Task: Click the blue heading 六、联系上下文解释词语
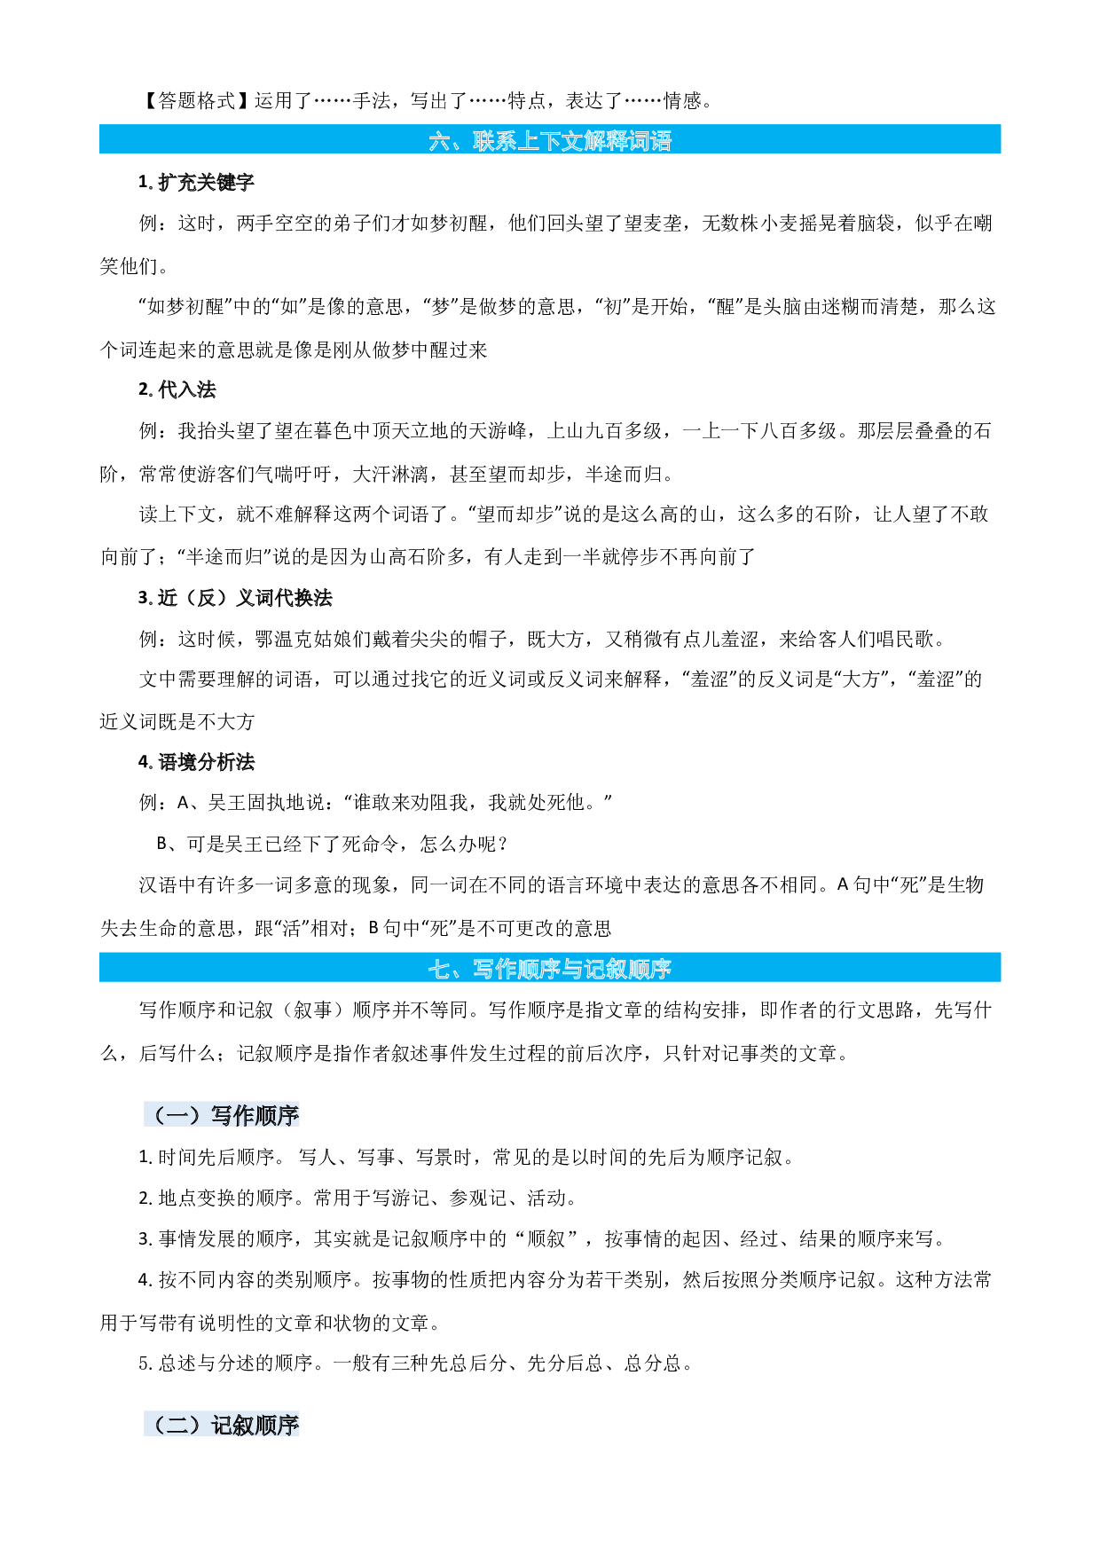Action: (550, 140)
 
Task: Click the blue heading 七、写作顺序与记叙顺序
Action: (550, 968)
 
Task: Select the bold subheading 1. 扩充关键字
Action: (196, 182)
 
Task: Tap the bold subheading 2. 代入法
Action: (177, 389)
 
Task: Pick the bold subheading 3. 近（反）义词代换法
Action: (235, 598)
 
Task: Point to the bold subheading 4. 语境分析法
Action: (196, 762)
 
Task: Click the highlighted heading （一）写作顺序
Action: (222, 1115)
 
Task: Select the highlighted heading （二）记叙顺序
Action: (222, 1425)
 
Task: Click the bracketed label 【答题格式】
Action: (196, 101)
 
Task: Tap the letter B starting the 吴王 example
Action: (162, 844)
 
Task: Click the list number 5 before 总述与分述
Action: (144, 1363)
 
